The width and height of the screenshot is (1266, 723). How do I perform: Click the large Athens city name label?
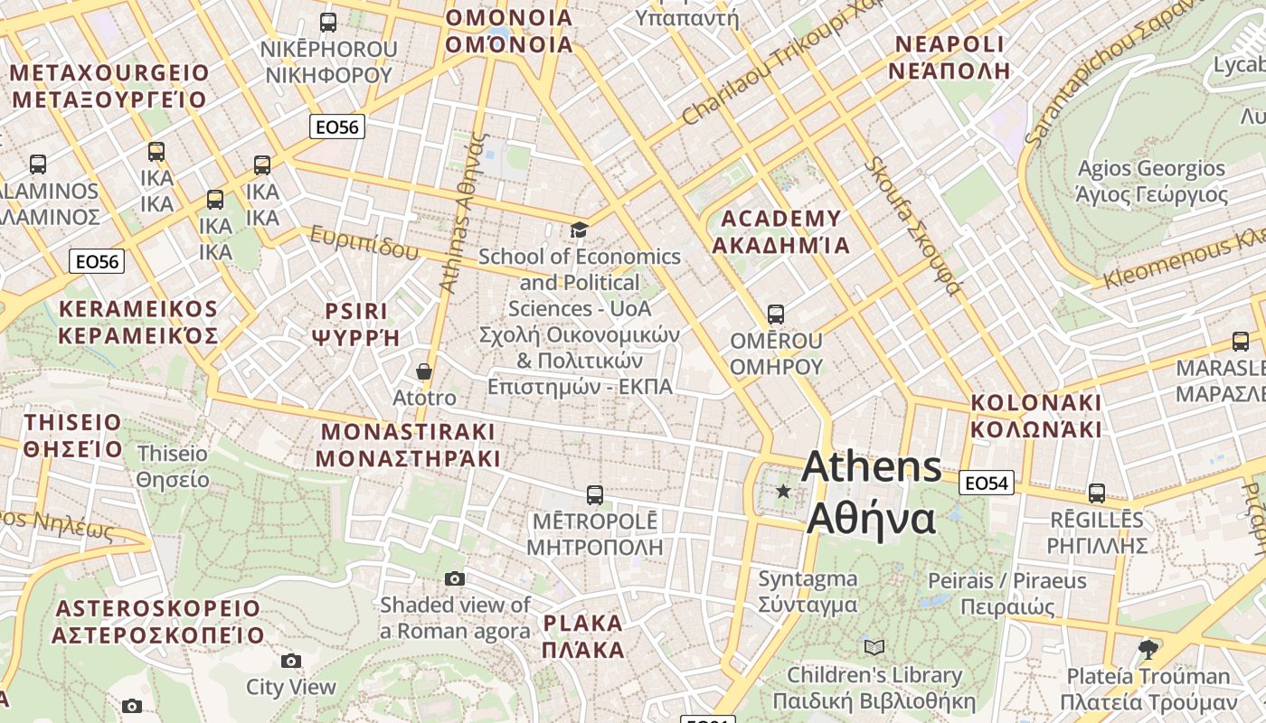click(872, 493)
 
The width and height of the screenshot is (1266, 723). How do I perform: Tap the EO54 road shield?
click(986, 484)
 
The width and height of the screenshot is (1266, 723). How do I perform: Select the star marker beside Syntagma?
click(783, 491)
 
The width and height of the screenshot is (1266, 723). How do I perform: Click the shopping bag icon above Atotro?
click(423, 371)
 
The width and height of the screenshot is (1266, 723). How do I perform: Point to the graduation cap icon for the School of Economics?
click(579, 230)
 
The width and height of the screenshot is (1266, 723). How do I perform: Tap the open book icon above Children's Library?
click(874, 647)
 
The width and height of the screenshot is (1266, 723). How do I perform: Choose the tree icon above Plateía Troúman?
click(1148, 649)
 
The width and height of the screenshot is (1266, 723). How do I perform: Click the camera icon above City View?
click(291, 661)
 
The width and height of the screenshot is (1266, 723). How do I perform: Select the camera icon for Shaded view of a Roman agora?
click(455, 578)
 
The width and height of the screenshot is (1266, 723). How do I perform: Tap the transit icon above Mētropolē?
click(595, 494)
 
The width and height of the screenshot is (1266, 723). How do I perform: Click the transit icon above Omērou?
click(776, 315)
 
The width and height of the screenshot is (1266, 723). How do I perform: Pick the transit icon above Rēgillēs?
click(1097, 493)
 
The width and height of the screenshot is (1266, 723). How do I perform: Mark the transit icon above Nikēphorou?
click(328, 22)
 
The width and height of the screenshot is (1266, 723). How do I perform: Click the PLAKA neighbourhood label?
click(583, 636)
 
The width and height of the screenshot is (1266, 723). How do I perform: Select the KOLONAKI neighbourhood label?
click(1036, 416)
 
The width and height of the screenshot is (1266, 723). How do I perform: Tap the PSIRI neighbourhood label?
click(355, 324)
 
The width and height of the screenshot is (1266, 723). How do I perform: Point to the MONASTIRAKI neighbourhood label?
click(408, 444)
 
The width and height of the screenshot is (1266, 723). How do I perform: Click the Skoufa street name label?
click(912, 226)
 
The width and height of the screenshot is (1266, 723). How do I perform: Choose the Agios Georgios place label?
click(1151, 181)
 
